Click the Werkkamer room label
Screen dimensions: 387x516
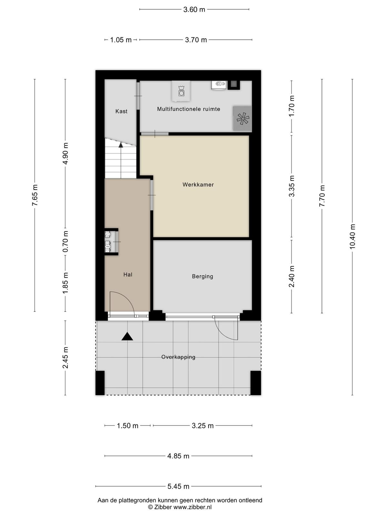198,184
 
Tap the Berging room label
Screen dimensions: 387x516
202,276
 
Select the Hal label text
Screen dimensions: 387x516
128,274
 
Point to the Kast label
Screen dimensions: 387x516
121,111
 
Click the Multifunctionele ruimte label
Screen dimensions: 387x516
188,109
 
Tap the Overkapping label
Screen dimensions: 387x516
178,357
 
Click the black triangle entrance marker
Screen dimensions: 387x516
127,336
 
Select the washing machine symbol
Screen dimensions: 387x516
181,91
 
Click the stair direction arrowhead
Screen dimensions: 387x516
121,145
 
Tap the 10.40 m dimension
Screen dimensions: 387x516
352,236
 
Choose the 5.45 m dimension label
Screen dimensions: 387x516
178,486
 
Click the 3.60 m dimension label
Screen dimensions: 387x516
194,10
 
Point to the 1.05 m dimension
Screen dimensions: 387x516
121,40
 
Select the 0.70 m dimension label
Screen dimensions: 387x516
65,242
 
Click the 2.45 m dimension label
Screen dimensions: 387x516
65,358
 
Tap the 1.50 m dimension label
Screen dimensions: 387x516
128,426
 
